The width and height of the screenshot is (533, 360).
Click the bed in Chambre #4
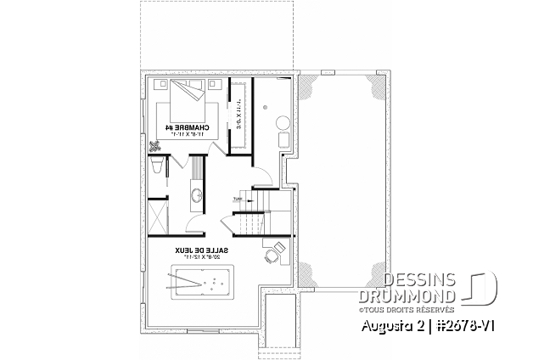[188, 101]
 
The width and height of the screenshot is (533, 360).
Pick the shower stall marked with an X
[158, 212]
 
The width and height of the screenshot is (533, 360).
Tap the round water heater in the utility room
[266, 108]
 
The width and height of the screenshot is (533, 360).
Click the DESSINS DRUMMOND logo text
[421, 287]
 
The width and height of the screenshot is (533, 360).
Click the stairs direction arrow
[238, 201]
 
